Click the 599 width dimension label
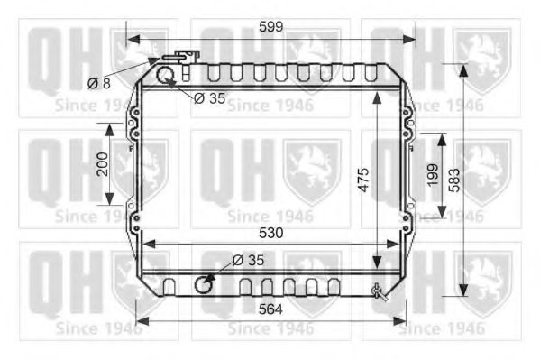tap(270, 27)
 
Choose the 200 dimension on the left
tap(102, 164)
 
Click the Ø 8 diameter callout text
tap(99, 83)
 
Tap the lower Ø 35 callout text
tap(247, 260)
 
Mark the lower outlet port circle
tap(206, 286)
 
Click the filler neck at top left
tap(186, 56)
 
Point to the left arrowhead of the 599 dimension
tap(132, 39)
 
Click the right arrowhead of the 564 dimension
tap(401, 320)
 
